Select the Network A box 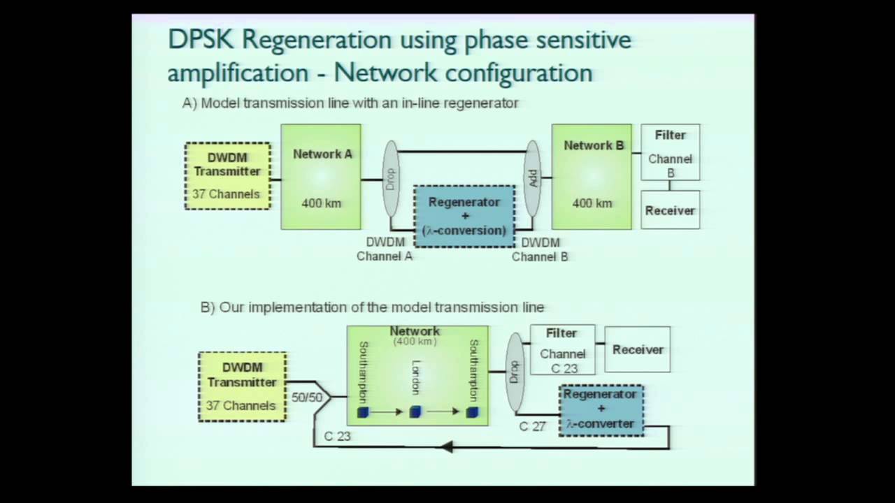(x=321, y=177)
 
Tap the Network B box (x=592, y=177)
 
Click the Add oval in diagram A (x=533, y=178)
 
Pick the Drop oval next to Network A (x=391, y=178)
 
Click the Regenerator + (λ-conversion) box (x=464, y=216)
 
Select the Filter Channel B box (x=670, y=152)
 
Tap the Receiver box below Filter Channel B (x=670, y=210)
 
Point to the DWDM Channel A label (x=385, y=249)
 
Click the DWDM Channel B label (x=540, y=249)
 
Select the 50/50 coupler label (x=307, y=398)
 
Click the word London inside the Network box (x=416, y=377)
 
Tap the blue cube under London (x=415, y=412)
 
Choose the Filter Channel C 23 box (x=562, y=349)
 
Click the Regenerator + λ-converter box (x=601, y=410)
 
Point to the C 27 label (x=532, y=426)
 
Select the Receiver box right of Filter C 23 (x=637, y=349)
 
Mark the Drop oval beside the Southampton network (x=515, y=372)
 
